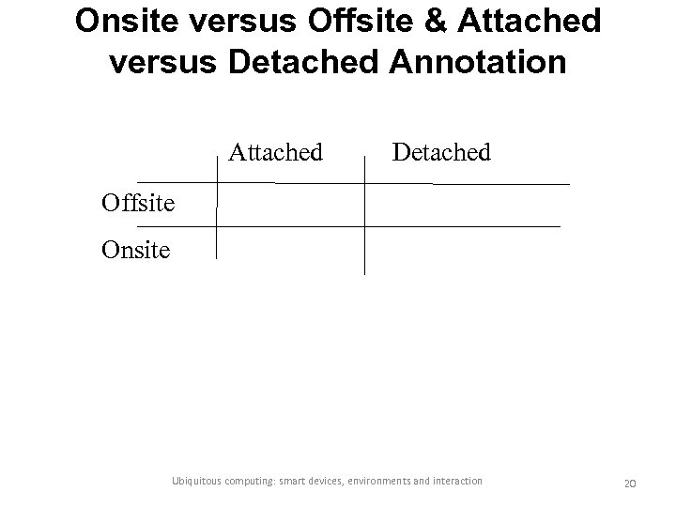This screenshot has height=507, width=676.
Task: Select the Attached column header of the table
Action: pyautogui.click(x=276, y=150)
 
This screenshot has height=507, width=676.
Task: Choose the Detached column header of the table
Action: pyautogui.click(x=441, y=150)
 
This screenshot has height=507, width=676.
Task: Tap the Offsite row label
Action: pyautogui.click(x=139, y=203)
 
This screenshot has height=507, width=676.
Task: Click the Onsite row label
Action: pyautogui.click(x=136, y=251)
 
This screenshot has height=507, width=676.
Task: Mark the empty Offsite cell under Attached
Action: pyautogui.click(x=290, y=204)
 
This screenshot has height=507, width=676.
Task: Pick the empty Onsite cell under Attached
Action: pyautogui.click(x=290, y=249)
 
